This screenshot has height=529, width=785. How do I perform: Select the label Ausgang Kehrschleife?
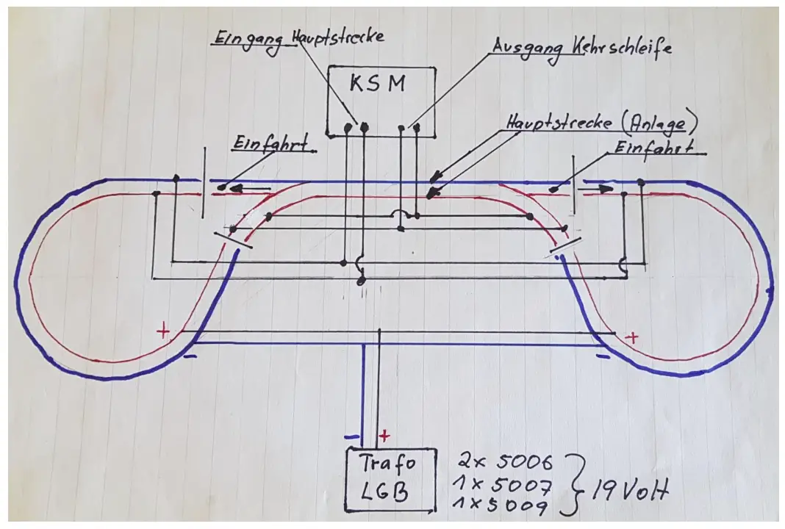tap(581, 47)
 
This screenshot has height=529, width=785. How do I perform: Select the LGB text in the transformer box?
tap(387, 492)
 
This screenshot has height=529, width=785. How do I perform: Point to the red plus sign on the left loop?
tap(163, 332)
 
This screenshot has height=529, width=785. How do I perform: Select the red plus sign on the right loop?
tap(631, 337)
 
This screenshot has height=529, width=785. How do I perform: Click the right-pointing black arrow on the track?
tap(600, 189)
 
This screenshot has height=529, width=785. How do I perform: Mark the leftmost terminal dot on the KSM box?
tap(348, 129)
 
